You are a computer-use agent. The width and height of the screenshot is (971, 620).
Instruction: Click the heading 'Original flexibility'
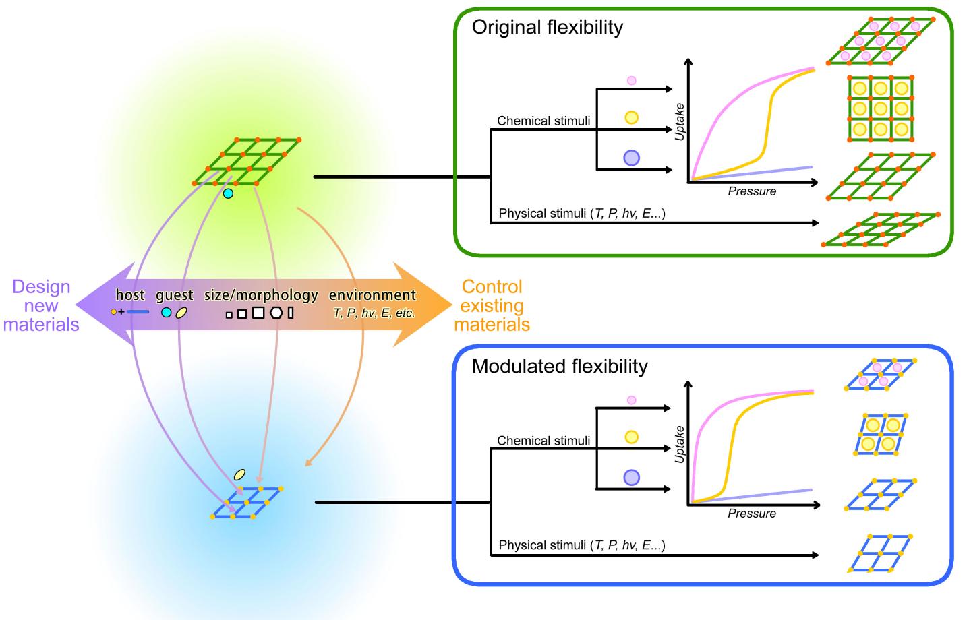click(547, 28)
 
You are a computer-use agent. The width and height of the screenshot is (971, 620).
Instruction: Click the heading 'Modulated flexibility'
click(559, 366)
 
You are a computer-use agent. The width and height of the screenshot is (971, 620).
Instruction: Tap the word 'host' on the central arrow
click(130, 295)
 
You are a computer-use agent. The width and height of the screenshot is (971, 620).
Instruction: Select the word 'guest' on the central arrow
click(175, 295)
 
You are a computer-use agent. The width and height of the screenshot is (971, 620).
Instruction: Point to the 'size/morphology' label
click(261, 295)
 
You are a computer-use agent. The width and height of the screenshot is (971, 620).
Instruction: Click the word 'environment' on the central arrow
click(372, 295)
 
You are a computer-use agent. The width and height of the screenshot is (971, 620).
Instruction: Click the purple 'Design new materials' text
click(41, 306)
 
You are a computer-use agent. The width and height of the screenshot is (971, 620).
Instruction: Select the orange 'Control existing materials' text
click(492, 306)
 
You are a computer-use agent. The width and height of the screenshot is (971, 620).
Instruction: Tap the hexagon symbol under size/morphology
click(276, 313)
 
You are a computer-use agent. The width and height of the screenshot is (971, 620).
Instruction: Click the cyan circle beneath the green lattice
click(228, 194)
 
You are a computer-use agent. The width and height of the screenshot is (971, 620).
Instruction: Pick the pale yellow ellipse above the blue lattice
click(239, 475)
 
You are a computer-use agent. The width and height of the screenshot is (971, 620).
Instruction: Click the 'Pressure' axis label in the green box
click(752, 192)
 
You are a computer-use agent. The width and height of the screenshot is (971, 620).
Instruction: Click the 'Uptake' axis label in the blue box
click(680, 444)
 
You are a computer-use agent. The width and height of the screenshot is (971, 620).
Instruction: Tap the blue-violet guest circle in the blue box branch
click(631, 478)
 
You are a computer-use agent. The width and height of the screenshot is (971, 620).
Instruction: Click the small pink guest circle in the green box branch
click(631, 81)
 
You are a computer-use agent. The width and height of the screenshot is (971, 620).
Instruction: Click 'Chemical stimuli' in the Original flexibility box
click(543, 121)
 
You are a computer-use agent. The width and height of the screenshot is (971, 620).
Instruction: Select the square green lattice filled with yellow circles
click(879, 108)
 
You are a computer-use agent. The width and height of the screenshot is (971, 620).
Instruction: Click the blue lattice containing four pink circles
click(880, 375)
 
